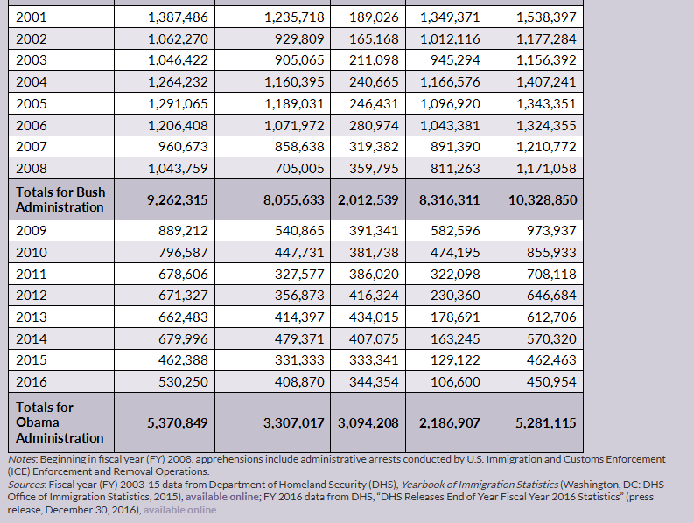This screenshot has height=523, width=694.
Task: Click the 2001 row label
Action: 32,17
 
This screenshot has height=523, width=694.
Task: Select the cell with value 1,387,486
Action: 178,17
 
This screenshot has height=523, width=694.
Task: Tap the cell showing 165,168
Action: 374,39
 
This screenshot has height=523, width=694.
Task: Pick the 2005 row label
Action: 32,104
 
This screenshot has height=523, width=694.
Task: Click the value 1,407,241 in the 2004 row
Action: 546,82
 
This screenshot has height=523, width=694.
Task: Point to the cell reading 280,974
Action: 374,125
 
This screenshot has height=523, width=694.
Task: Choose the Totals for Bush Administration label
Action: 60,199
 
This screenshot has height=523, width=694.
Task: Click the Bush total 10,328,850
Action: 543,199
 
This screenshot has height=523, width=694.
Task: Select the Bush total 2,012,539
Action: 368,199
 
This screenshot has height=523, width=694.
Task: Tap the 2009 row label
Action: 32,231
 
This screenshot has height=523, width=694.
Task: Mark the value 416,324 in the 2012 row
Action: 374,296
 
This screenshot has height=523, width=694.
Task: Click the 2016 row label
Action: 32,381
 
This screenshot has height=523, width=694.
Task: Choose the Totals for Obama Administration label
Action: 60,422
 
